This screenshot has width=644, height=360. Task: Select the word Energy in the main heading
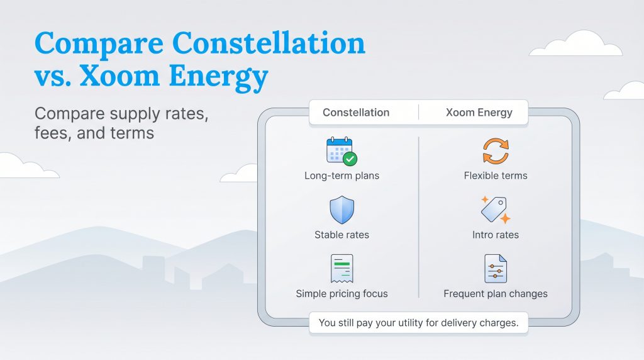tap(217, 77)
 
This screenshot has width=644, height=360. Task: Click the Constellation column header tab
tap(356, 113)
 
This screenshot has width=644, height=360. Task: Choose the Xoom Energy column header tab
tap(479, 113)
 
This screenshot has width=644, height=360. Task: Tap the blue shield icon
tap(341, 210)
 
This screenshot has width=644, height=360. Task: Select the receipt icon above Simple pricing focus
tap(341, 269)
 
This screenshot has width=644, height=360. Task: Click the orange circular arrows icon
tap(496, 151)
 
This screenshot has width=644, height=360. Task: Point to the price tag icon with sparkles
tap(495, 210)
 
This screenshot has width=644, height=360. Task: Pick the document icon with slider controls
tap(495, 269)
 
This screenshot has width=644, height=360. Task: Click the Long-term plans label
tap(341, 176)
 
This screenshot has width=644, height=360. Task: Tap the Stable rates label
tap(341, 235)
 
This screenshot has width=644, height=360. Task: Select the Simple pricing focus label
tap(341, 293)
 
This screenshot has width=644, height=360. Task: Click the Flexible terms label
tap(496, 176)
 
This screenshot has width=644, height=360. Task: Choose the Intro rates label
tap(496, 235)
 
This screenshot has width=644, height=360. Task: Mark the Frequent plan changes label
tap(496, 293)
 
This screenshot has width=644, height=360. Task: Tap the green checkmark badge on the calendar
tap(350, 159)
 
